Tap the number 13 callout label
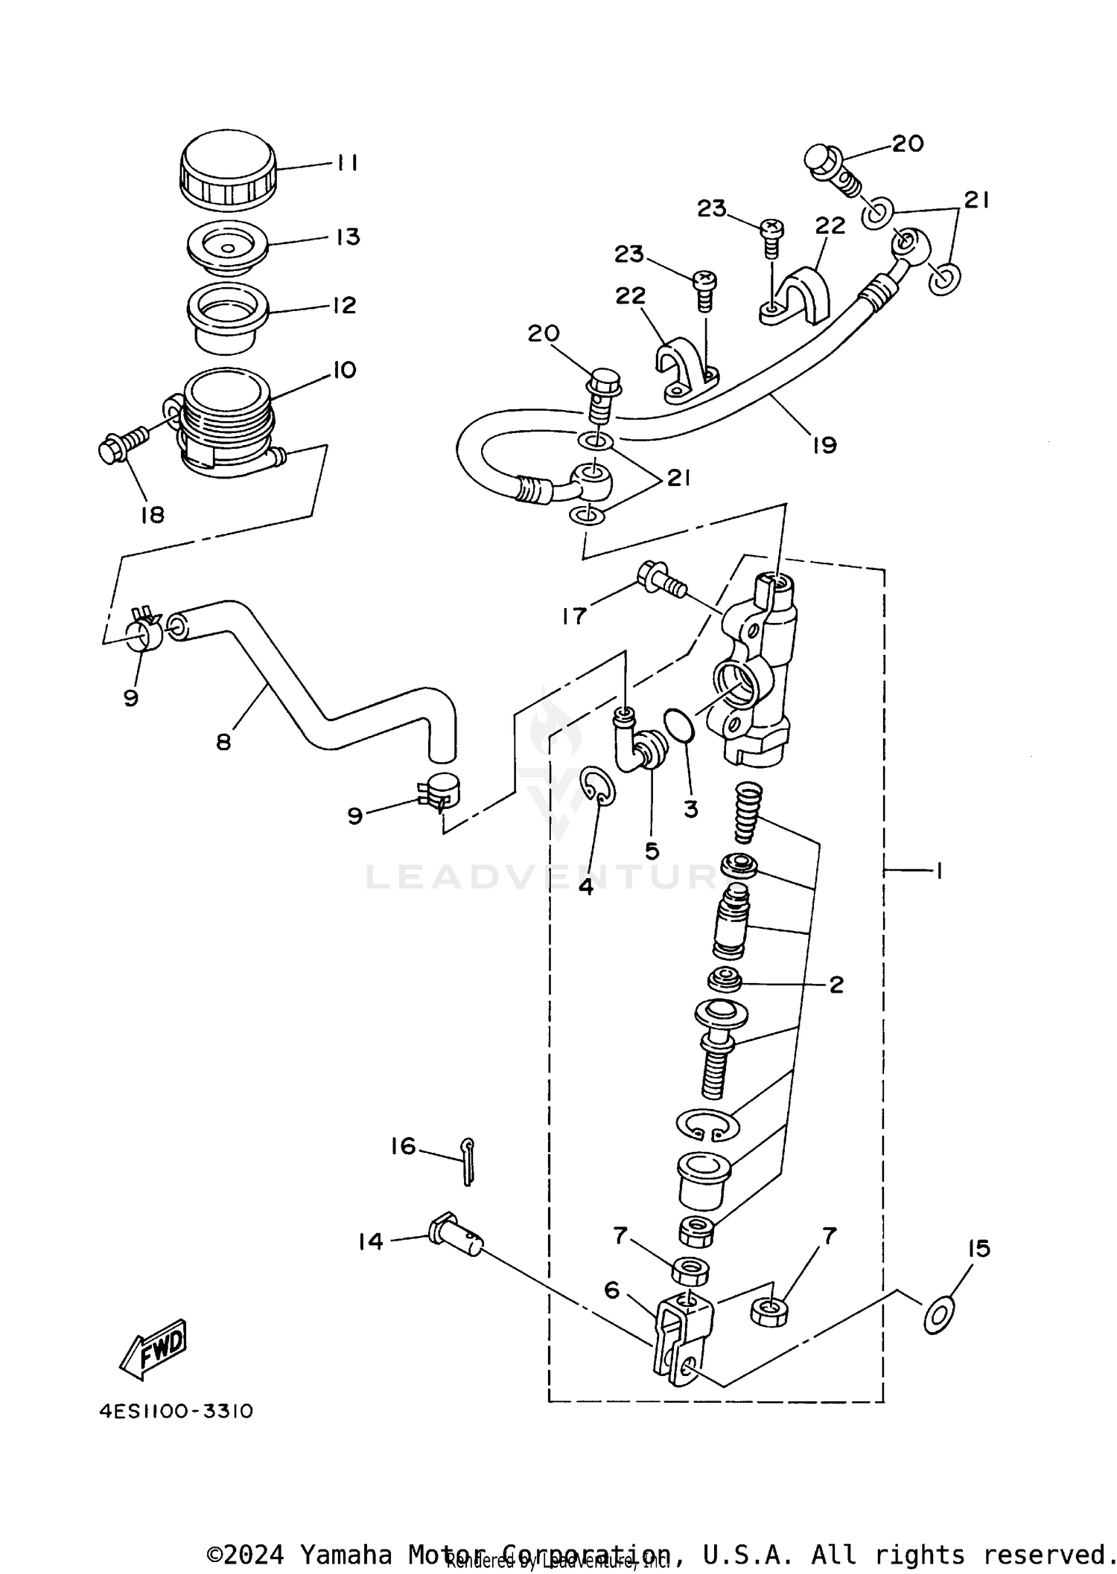348,237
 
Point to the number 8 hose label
223,741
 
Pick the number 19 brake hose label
824,445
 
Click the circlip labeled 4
597,785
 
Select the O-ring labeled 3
678,726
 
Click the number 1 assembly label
939,870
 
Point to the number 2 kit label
836,985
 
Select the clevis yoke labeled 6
684,1346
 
